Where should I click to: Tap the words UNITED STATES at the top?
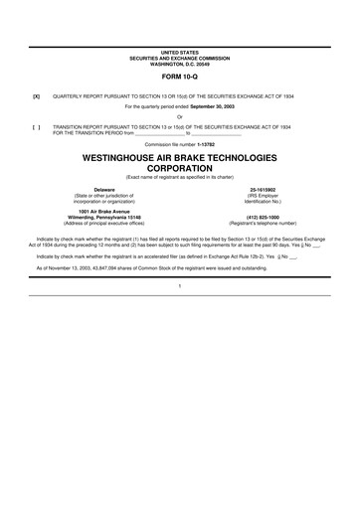coord(179,49)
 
